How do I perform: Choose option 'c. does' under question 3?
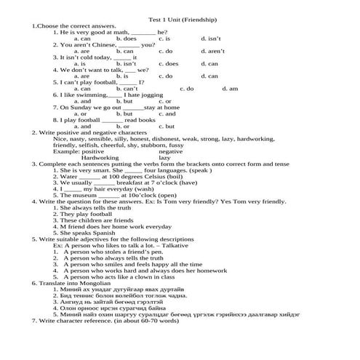coord(168,64)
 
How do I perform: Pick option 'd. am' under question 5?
coord(230,89)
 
